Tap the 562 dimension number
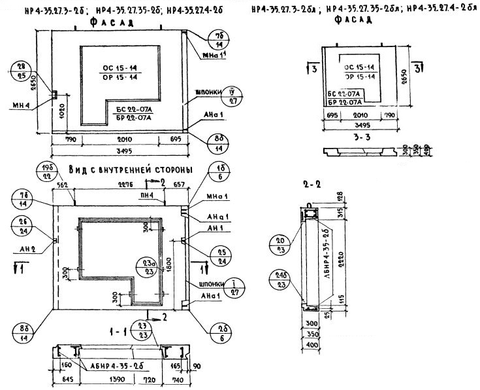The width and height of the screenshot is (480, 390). pyautogui.click(x=63, y=185)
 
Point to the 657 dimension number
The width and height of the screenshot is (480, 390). pyautogui.click(x=180, y=185)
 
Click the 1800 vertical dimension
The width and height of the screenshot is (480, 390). pyautogui.click(x=168, y=262)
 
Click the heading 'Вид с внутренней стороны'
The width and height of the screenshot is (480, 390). pyautogui.click(x=129, y=170)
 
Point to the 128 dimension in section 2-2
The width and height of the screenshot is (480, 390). pyautogui.click(x=339, y=197)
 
